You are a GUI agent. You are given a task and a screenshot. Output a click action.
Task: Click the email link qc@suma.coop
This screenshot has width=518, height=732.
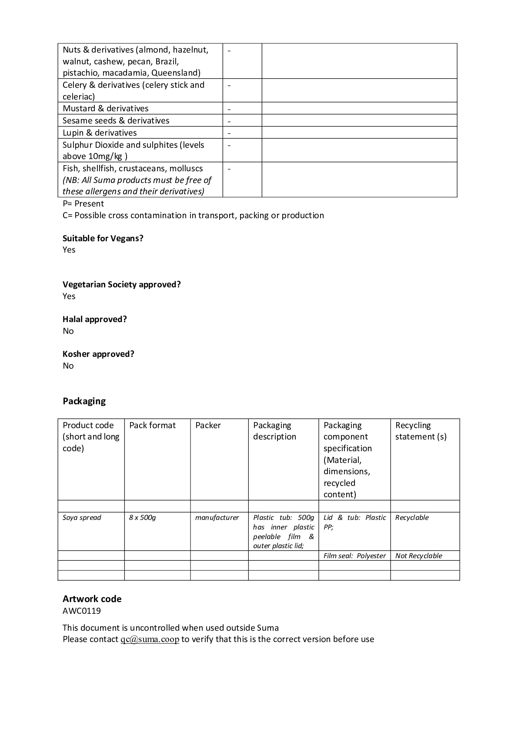[150, 639]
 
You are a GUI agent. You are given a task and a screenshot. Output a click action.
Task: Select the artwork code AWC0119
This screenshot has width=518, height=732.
[82, 611]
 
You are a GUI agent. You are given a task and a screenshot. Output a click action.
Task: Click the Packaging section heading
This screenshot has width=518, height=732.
[84, 401]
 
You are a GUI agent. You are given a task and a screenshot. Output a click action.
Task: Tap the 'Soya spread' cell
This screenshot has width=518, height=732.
[82, 517]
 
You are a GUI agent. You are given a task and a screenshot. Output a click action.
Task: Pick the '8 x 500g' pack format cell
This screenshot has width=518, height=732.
[142, 517]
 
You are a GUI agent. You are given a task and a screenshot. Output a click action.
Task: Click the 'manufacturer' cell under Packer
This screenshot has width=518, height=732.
[217, 517]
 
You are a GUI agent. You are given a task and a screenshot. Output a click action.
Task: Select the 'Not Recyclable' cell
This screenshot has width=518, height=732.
[418, 556]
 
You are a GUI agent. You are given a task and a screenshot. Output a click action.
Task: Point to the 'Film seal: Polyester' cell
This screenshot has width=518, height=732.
[354, 556]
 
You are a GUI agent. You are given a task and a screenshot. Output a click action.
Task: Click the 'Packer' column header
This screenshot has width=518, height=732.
[208, 425]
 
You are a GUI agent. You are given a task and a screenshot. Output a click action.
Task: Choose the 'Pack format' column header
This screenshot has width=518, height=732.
[152, 425]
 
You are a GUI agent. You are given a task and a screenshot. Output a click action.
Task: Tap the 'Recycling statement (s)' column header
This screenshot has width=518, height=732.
[421, 431]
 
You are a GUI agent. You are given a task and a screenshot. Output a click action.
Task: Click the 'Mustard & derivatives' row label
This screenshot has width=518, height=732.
[106, 108]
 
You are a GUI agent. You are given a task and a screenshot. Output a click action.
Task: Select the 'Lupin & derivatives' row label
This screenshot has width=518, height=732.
[100, 133]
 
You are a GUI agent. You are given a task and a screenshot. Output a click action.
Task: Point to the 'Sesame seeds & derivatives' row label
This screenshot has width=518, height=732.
[116, 120]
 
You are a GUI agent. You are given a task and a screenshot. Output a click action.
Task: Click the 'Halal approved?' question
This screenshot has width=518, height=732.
[95, 319]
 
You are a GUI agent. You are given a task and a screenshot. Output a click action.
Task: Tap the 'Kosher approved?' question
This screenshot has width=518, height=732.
[98, 354]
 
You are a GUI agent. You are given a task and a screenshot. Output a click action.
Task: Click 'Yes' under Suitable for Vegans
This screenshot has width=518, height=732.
[69, 250]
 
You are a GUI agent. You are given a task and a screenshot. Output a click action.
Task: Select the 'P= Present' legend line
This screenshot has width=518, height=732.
[83, 203]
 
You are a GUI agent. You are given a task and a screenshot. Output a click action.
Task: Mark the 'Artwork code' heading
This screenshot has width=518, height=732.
[92, 599]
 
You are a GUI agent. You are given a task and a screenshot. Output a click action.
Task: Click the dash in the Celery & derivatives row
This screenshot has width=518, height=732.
[229, 85]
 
